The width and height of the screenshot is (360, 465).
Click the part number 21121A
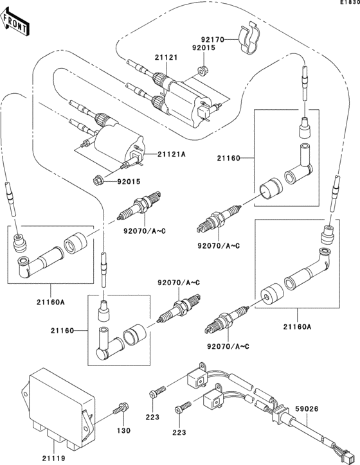[x=173, y=155]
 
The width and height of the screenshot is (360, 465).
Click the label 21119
[x=54, y=457]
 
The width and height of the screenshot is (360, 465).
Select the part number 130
[x=122, y=431]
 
